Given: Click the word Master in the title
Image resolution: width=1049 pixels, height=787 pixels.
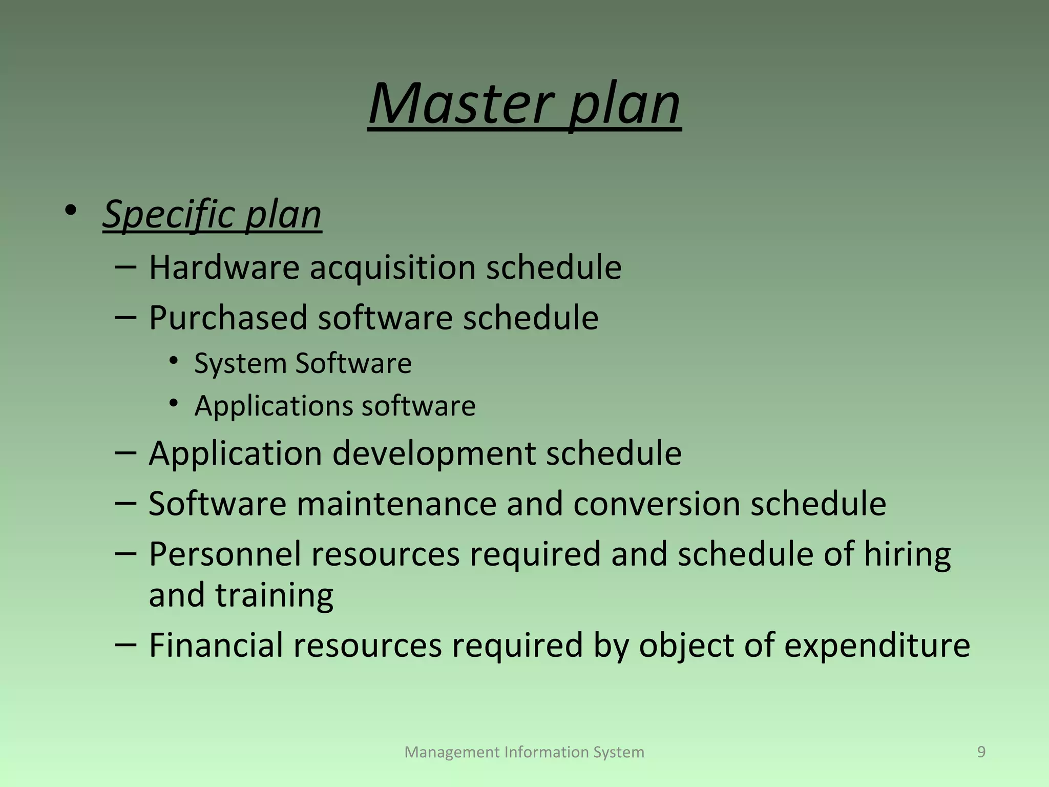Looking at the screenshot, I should click(461, 105).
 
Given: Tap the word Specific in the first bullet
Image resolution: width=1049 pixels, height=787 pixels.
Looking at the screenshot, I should click(169, 214).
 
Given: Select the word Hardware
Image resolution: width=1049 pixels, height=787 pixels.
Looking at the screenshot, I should click(224, 267).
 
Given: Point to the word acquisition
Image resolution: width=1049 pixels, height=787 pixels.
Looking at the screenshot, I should click(392, 267).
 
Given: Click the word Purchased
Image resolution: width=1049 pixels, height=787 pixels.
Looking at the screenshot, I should click(228, 318).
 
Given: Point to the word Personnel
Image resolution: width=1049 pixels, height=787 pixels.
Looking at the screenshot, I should click(224, 554).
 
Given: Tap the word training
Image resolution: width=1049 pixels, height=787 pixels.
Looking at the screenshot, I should click(274, 595).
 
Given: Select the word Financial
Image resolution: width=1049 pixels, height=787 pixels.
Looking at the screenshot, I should click(216, 645).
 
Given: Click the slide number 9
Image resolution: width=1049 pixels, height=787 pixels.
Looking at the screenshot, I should click(981, 752).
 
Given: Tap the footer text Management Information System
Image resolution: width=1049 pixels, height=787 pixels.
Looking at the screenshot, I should click(524, 752).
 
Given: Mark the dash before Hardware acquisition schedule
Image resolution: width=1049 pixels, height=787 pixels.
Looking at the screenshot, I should click(125, 266).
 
